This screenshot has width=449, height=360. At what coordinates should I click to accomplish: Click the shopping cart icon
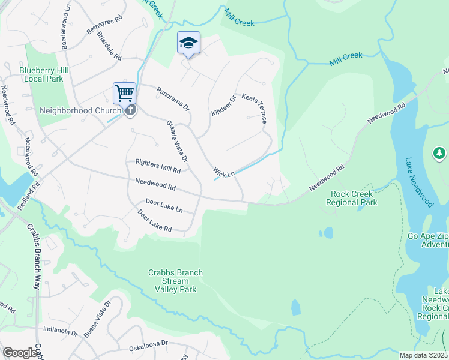[x=124, y=94]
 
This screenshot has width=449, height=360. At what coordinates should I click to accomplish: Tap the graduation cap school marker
[x=188, y=43]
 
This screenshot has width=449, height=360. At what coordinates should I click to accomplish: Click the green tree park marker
[x=439, y=154]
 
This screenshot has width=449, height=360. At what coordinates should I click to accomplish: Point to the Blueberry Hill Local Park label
[x=41, y=74]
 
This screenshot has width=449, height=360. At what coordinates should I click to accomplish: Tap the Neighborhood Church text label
[x=75, y=110]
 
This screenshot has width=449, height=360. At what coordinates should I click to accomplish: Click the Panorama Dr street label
[x=173, y=100]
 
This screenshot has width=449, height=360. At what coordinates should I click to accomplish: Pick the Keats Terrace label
[x=254, y=108]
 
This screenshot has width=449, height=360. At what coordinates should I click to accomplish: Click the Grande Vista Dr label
[x=177, y=142]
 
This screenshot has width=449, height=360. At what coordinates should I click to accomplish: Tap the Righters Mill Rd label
[x=158, y=166]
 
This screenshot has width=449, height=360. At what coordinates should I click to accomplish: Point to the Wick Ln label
[x=224, y=173]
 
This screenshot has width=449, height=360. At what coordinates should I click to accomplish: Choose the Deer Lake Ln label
[x=164, y=206]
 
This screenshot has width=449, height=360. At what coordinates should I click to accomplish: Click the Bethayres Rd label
[x=104, y=25]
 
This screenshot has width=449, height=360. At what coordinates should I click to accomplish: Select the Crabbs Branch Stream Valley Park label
[x=175, y=281]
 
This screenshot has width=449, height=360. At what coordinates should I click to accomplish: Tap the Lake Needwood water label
[x=418, y=183]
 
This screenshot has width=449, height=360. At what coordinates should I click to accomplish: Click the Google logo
[x=20, y=353]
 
